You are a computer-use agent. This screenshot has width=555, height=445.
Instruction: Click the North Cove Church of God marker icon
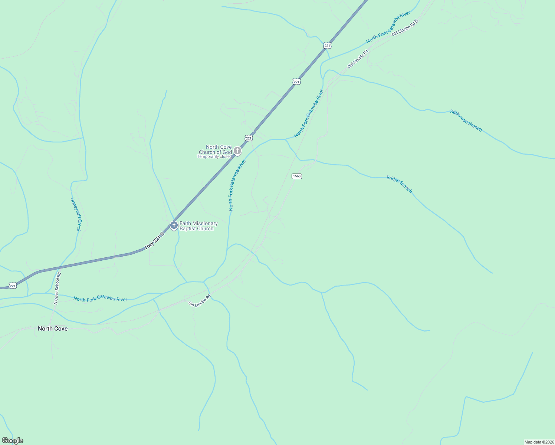[237, 151]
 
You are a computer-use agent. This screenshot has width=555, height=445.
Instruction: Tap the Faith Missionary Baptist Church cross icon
[174, 225]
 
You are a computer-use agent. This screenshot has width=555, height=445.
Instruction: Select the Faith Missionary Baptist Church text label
[198, 226]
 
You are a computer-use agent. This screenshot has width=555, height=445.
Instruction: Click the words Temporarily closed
[214, 157]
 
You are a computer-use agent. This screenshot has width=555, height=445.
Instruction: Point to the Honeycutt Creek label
[76, 214]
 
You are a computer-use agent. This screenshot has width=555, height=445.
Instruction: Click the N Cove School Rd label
[57, 289]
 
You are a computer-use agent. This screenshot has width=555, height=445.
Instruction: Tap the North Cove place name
[53, 329]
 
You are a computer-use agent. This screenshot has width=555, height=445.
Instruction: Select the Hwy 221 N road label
[154, 241]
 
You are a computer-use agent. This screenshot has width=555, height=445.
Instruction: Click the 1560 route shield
[296, 176]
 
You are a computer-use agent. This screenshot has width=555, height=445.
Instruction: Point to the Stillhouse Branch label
[466, 121]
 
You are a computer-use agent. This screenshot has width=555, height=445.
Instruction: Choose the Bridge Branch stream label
[399, 184]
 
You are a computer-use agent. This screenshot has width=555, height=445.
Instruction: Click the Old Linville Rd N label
[405, 27]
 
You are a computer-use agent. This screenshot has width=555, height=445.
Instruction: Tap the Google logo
[13, 441]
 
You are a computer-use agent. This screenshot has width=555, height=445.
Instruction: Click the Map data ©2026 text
[539, 442]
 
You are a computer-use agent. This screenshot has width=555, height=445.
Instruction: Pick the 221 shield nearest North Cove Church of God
[249, 138]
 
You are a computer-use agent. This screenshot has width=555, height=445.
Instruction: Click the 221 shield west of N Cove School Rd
[13, 286]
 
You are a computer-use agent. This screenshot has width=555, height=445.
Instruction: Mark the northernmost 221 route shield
[327, 46]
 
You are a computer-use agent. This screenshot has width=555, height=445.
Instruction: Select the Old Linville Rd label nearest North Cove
[200, 301]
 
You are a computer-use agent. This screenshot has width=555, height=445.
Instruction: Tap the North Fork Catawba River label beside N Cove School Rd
[100, 299]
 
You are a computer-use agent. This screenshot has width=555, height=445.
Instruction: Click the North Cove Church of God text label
[219, 149]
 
